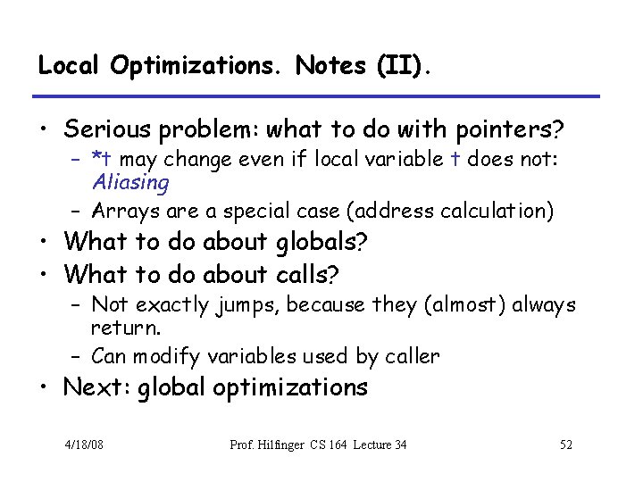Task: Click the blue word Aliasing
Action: coord(130,183)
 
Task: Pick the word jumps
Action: coord(243,305)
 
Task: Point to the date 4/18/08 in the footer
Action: coord(85,444)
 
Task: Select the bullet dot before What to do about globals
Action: coord(45,243)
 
